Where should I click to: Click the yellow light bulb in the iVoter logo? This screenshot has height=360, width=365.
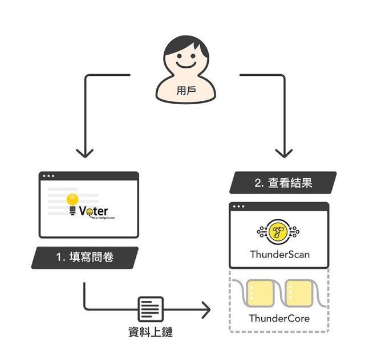tap(72, 201)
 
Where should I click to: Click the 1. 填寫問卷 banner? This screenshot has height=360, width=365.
tap(85, 257)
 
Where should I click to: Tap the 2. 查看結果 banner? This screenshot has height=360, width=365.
tap(283, 183)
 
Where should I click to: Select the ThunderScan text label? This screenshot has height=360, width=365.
tap(279, 254)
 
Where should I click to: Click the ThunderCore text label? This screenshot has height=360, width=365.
tap(279, 318)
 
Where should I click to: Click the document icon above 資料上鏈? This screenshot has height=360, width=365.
tap(151, 309)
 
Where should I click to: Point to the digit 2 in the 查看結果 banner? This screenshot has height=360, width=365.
tap(258, 183)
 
